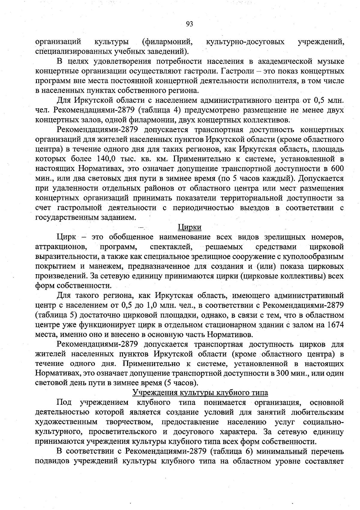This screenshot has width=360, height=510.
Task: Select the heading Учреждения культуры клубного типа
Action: coord(200,392)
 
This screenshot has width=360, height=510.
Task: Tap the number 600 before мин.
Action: coord(337,169)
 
